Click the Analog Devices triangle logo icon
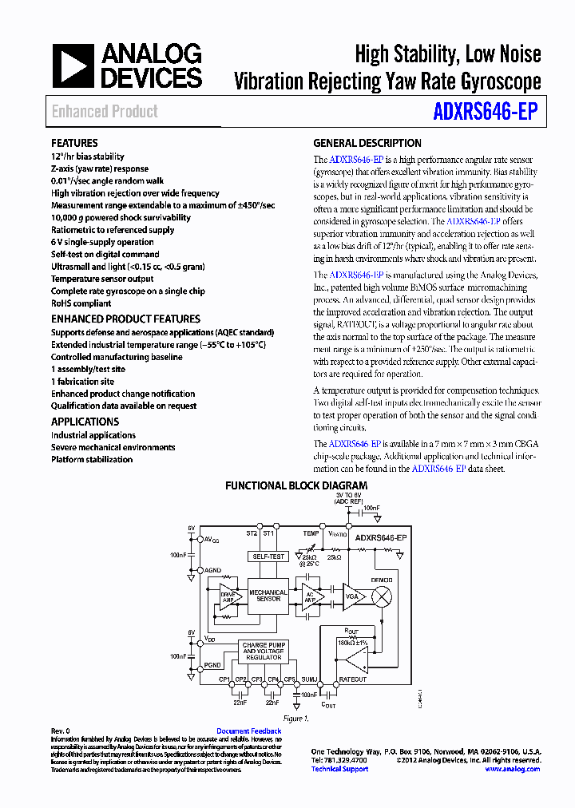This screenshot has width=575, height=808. coord(73,65)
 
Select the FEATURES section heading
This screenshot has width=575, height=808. coord(74,143)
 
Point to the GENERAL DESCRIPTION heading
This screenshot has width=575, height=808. coord(367,143)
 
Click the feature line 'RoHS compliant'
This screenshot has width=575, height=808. coord(81,303)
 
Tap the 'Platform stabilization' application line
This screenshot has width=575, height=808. coord(92,459)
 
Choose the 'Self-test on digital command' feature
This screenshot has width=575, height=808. coord(105,254)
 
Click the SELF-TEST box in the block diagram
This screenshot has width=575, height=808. coord(268,556)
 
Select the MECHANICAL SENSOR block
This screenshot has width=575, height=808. coord(268,596)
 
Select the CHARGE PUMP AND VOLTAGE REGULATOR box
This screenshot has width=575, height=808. coord(263,651)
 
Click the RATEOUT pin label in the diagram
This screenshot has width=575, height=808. coord(352,679)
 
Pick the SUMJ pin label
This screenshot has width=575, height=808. coord(310,679)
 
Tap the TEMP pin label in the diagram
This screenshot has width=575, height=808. coord(311,533)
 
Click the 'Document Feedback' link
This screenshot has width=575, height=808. coord(248,731)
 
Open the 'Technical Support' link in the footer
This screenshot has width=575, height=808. coord(339,769)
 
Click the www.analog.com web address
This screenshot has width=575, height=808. coord(512,769)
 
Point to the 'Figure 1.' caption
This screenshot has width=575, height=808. coord(295,719)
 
